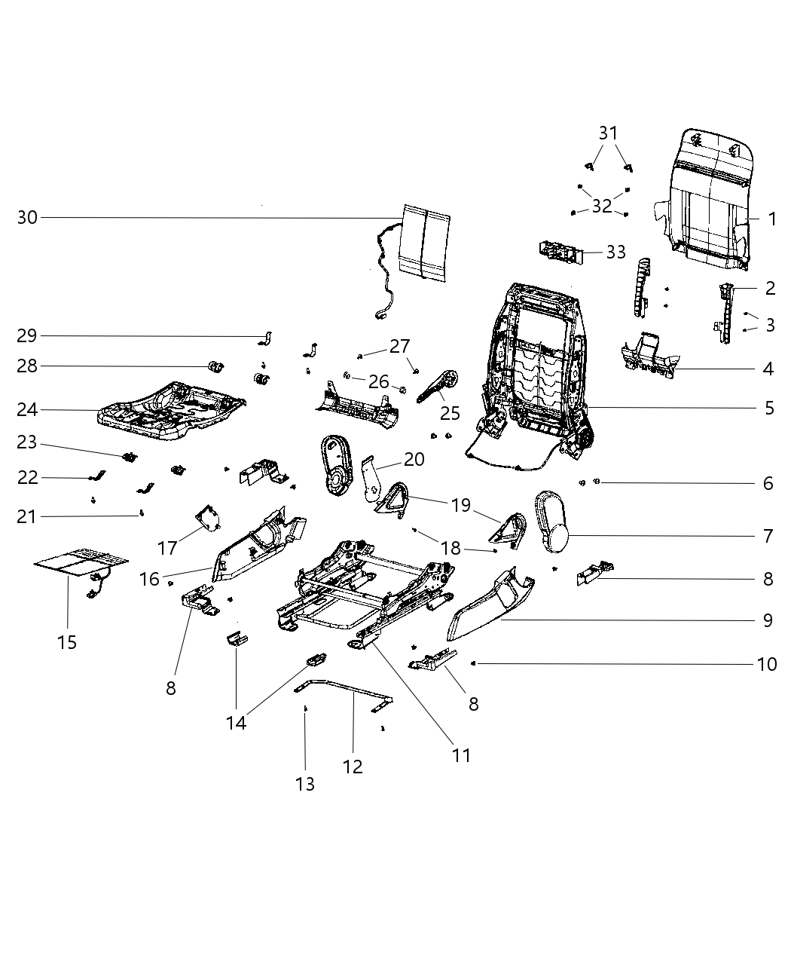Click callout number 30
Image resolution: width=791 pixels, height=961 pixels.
[27, 218]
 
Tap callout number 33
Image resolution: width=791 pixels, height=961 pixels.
[615, 252]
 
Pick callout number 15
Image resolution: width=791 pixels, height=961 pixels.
[67, 642]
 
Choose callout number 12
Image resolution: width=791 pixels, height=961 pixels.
[353, 767]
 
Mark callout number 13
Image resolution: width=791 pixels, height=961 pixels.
[304, 784]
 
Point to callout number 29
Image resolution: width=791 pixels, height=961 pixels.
[27, 335]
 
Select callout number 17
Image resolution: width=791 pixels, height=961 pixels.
[166, 546]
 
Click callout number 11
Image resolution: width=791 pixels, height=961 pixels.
[460, 754]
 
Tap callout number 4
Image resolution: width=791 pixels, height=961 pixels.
[768, 369]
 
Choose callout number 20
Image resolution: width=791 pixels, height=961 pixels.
[414, 459]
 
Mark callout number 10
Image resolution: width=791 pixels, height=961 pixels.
[767, 664]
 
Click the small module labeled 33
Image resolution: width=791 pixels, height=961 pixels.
[560, 252]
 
